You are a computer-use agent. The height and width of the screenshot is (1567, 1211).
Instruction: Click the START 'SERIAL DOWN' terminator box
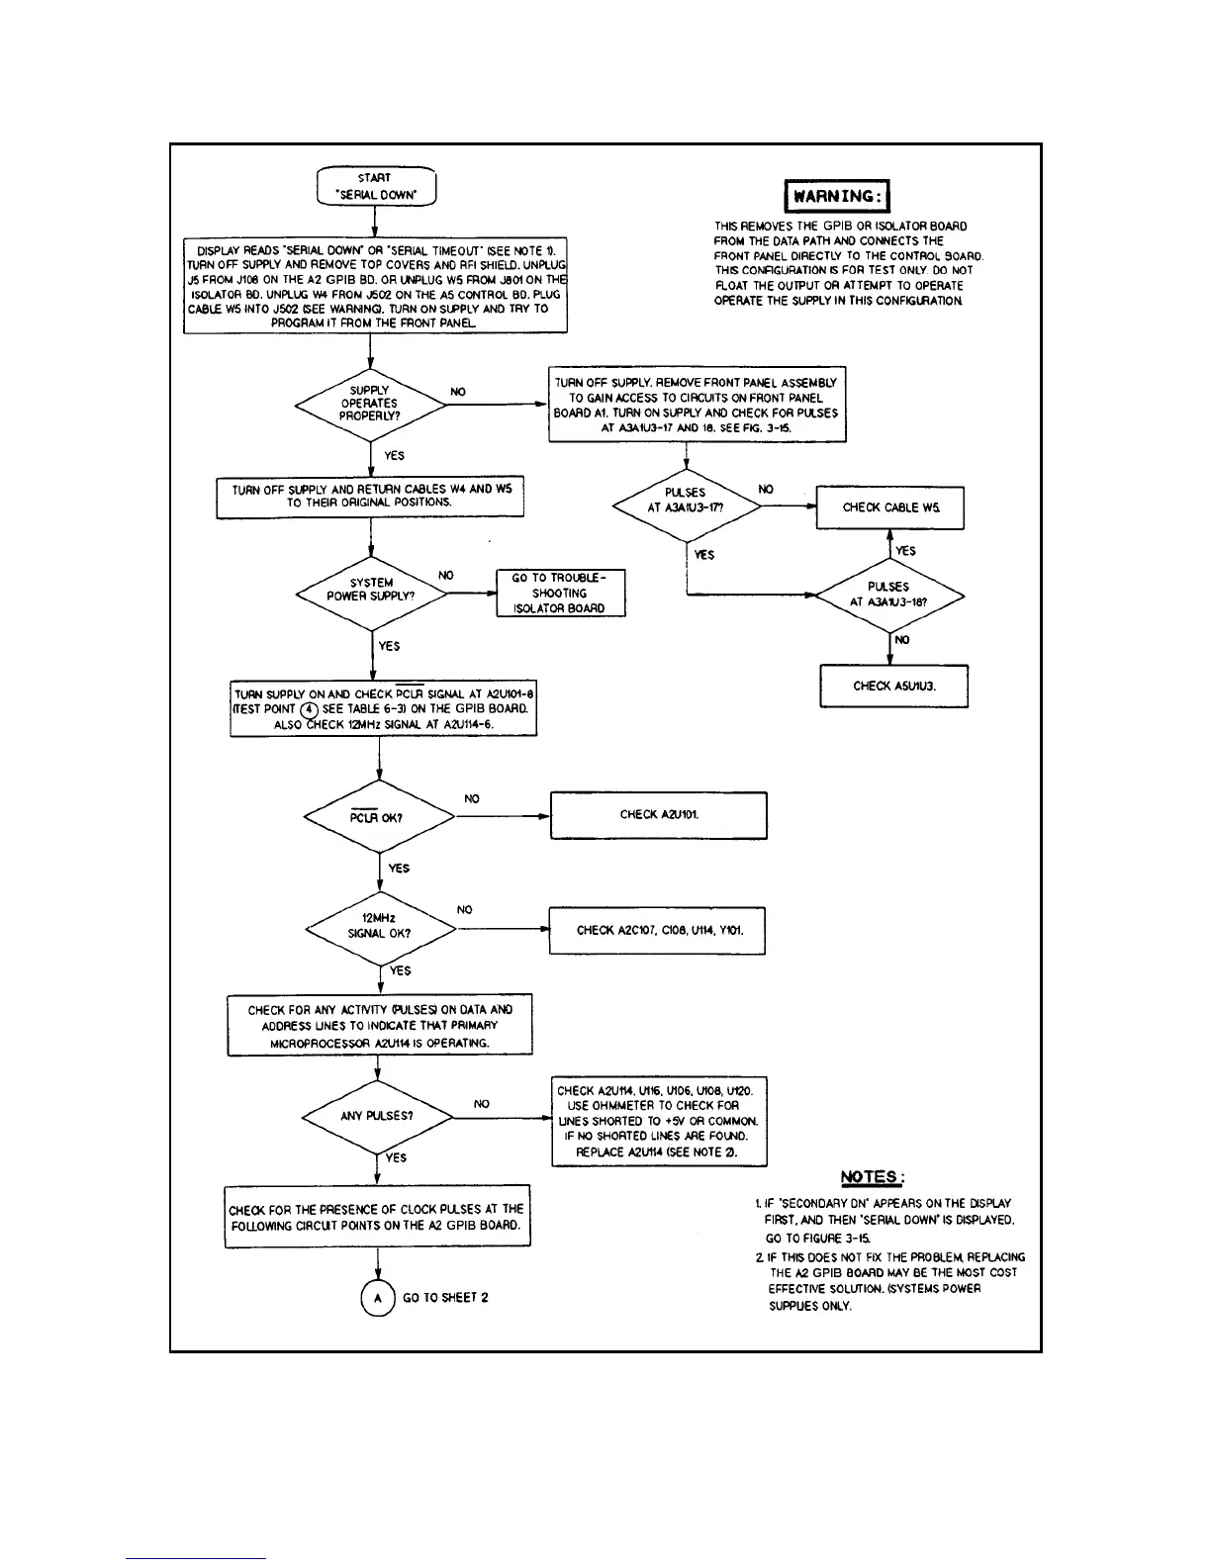pyautogui.click(x=376, y=187)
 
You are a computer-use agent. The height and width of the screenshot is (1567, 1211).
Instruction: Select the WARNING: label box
pyautogui.click(x=837, y=196)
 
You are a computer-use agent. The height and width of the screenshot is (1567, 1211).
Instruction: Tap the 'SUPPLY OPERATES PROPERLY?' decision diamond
pyautogui.click(x=369, y=404)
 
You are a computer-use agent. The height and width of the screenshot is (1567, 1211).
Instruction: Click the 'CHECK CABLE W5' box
pyautogui.click(x=889, y=507)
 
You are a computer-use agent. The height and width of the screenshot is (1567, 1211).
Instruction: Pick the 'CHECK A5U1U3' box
pyautogui.click(x=893, y=686)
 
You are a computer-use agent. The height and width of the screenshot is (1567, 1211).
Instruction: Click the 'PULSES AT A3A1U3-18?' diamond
pyautogui.click(x=888, y=595)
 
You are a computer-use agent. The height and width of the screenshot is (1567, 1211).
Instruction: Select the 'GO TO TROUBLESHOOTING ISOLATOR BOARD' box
pyautogui.click(x=561, y=594)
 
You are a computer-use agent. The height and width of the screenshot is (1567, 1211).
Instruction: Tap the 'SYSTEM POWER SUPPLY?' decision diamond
pyautogui.click(x=371, y=591)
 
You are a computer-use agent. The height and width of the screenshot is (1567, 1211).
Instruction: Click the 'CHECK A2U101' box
pyautogui.click(x=658, y=815)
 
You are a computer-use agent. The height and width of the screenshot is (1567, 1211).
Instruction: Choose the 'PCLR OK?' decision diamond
pyautogui.click(x=379, y=817)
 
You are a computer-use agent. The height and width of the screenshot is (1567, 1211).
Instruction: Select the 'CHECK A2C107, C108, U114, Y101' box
pyautogui.click(x=657, y=930)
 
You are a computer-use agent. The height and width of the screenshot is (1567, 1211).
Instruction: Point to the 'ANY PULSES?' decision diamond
pyautogui.click(x=377, y=1116)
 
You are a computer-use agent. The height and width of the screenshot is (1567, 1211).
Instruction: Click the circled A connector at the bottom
pyautogui.click(x=378, y=1298)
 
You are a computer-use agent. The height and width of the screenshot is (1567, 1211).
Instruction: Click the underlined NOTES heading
pyautogui.click(x=872, y=1177)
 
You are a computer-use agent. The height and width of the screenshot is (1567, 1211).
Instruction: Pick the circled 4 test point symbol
pyautogui.click(x=310, y=709)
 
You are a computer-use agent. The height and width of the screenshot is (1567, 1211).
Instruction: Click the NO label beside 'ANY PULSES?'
pyautogui.click(x=482, y=1104)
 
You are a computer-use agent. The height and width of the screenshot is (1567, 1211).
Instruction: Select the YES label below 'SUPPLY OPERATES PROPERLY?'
pyautogui.click(x=394, y=456)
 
